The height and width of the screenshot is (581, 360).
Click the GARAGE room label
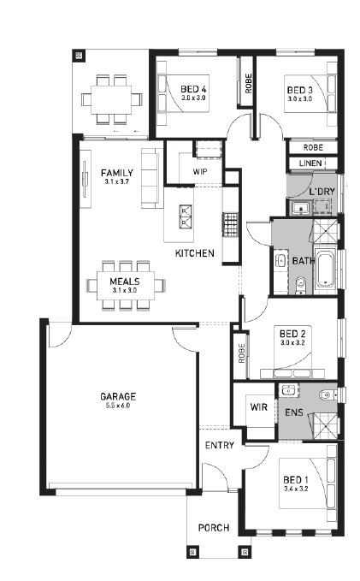[x=118, y=396]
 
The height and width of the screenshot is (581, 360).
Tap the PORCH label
[x=214, y=528]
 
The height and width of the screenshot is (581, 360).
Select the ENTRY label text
[x=220, y=445]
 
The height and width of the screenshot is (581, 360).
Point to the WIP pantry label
[x=200, y=172]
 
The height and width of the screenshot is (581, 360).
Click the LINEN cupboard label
[x=310, y=163]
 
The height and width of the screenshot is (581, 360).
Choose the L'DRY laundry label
[x=322, y=192]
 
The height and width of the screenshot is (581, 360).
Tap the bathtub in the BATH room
[x=326, y=270]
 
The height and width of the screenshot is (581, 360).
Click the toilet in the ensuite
[x=327, y=395]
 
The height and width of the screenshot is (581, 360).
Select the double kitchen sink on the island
[x=186, y=216]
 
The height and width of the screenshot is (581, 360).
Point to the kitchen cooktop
[x=230, y=224]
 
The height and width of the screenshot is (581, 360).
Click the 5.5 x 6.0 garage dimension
[x=118, y=406]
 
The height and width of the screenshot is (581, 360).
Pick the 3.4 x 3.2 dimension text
[x=296, y=489]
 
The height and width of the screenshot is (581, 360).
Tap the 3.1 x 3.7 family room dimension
[x=117, y=181]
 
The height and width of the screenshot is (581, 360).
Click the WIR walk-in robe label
[x=258, y=407]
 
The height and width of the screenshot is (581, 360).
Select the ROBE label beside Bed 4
[x=248, y=83]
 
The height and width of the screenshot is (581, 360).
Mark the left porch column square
[x=192, y=552]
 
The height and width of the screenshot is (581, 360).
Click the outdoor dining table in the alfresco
[x=111, y=99]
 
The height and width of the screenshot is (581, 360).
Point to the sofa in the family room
[x=152, y=178]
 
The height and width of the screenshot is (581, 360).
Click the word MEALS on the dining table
[x=125, y=282]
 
